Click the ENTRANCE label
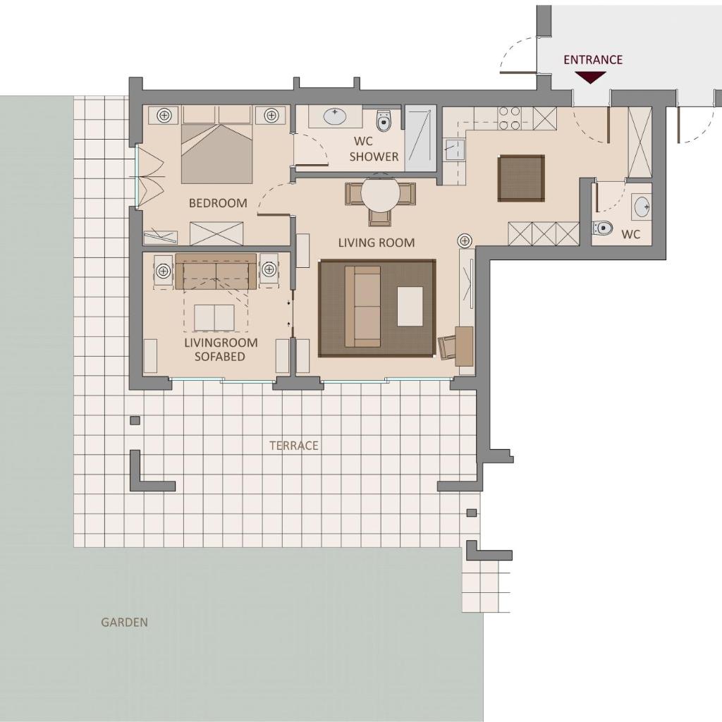(x=592, y=60)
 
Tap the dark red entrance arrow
(x=590, y=78)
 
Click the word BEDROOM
(x=218, y=203)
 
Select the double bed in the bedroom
(x=217, y=145)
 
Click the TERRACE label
(x=294, y=446)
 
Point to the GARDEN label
(x=124, y=623)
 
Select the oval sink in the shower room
(x=335, y=116)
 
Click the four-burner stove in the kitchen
(x=510, y=118)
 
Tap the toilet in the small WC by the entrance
(x=602, y=228)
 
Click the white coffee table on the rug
(x=410, y=307)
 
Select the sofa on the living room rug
(x=363, y=307)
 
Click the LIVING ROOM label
(x=377, y=243)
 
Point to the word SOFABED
(x=220, y=356)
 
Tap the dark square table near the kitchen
(x=521, y=178)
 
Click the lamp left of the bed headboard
(x=164, y=115)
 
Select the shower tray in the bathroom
(x=420, y=139)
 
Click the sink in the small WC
(x=642, y=207)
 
